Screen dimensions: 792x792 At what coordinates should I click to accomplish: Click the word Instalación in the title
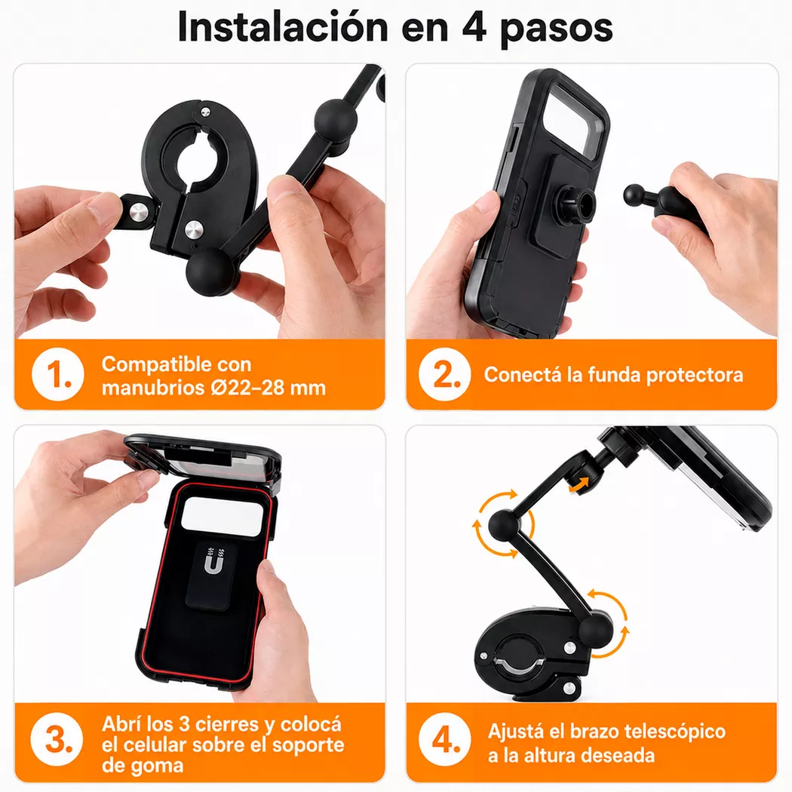(x=283, y=26)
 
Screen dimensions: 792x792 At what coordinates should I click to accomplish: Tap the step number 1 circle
(x=57, y=375)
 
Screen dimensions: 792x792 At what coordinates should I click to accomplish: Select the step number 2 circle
(x=444, y=375)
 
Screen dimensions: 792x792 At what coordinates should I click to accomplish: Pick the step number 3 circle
(x=57, y=739)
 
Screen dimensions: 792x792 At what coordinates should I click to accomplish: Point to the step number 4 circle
(x=444, y=740)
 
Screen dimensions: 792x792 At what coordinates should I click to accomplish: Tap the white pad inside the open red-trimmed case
(x=223, y=516)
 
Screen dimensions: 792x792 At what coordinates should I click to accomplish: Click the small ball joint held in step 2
(x=634, y=195)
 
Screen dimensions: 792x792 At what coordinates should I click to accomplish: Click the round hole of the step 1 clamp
(x=198, y=161)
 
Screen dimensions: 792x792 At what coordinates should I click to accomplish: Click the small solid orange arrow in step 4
(x=579, y=486)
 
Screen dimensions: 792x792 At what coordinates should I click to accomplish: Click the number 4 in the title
(x=474, y=26)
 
